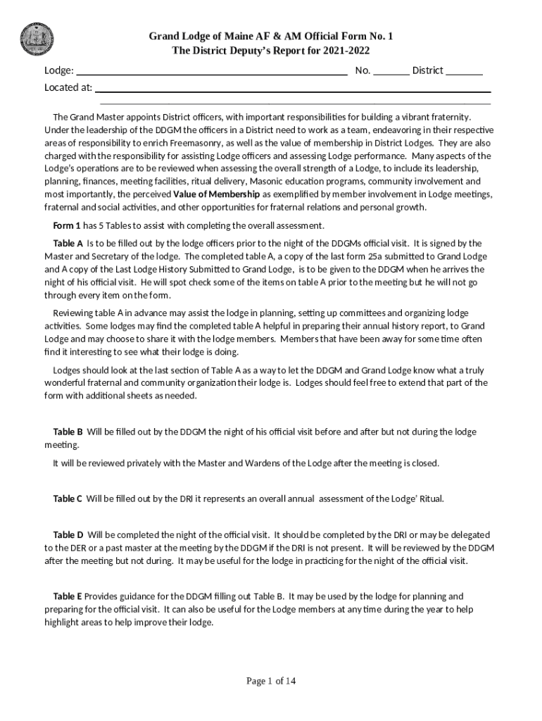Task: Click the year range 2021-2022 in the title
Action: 346,51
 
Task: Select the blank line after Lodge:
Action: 211,71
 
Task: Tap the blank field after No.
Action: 391,71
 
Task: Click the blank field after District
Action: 464,71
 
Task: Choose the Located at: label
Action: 68,88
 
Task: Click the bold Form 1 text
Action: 67,225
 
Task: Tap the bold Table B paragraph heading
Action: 68,432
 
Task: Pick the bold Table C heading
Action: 68,499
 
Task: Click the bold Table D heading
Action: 68,535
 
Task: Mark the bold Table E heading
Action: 68,596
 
